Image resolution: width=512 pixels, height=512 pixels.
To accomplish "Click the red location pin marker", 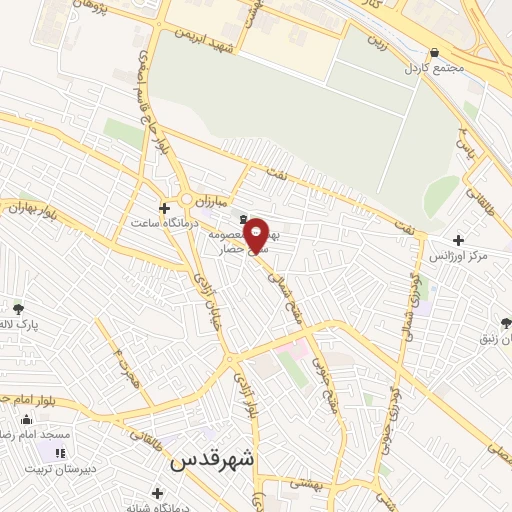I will point(256,235).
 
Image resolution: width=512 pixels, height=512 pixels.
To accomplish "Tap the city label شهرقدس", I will point(213,459).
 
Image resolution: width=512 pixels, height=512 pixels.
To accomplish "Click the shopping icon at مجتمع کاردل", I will point(433,53).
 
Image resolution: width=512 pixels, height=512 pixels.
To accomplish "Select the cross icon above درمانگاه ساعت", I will point(164,208).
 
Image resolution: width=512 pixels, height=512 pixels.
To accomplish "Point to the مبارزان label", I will point(211,202).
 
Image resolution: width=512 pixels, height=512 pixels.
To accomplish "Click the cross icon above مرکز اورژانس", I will point(458,240).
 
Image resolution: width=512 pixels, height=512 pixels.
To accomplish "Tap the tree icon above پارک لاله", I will point(19,308).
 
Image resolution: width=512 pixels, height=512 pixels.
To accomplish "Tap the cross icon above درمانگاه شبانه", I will point(157,492).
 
